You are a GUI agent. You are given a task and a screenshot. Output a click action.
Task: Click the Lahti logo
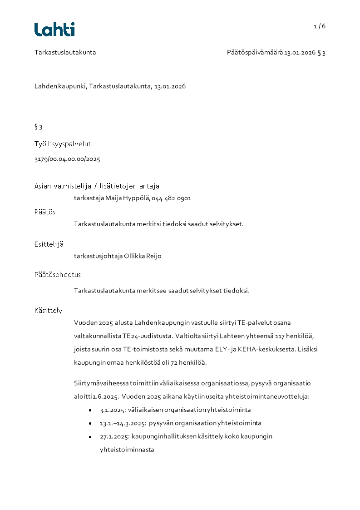54,29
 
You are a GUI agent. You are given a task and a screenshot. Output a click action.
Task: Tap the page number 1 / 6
320,26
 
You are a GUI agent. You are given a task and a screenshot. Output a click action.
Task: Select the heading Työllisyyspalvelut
63,144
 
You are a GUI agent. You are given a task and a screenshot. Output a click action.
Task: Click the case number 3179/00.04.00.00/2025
67,159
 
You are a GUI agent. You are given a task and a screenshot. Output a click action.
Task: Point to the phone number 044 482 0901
172,198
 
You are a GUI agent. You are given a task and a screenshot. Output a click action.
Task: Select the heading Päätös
45,212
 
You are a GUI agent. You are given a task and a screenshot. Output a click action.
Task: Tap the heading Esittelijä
49,244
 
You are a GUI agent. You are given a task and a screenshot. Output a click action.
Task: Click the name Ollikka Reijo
143,256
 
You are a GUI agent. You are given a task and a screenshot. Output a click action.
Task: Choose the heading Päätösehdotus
58,275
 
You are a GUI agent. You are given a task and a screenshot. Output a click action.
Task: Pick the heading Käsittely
48,311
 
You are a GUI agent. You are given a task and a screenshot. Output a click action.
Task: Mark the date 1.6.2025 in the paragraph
106,396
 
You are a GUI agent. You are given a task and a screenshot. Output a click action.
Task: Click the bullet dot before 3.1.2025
90,410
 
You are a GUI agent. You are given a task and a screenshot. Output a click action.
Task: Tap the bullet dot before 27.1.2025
90,436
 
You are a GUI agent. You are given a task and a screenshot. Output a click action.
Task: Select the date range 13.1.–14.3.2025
123,423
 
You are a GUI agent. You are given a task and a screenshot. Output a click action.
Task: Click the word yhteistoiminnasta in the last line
127,450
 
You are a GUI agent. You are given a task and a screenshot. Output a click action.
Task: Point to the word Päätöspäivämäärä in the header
255,53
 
